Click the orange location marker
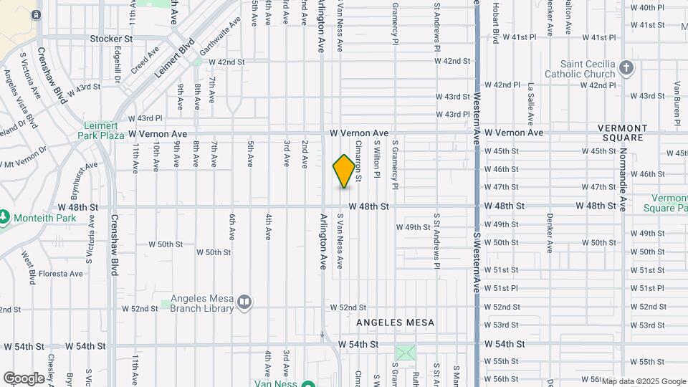pyautogui.click(x=344, y=171)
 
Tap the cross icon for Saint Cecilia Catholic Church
pyautogui.click(x=626, y=68)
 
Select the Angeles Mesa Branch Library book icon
pyautogui.click(x=244, y=302)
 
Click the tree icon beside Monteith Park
pyautogui.click(x=5, y=216)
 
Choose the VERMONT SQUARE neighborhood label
pyautogui.click(x=623, y=133)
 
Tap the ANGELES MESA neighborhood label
pyautogui.click(x=396, y=322)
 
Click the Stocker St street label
pyautogui.click(x=112, y=38)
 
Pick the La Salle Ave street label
pyautogui.click(x=531, y=100)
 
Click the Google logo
pyautogui.click(x=24, y=378)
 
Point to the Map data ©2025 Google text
pyautogui.click(x=644, y=381)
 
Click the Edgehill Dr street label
pyautogui.click(x=118, y=65)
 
